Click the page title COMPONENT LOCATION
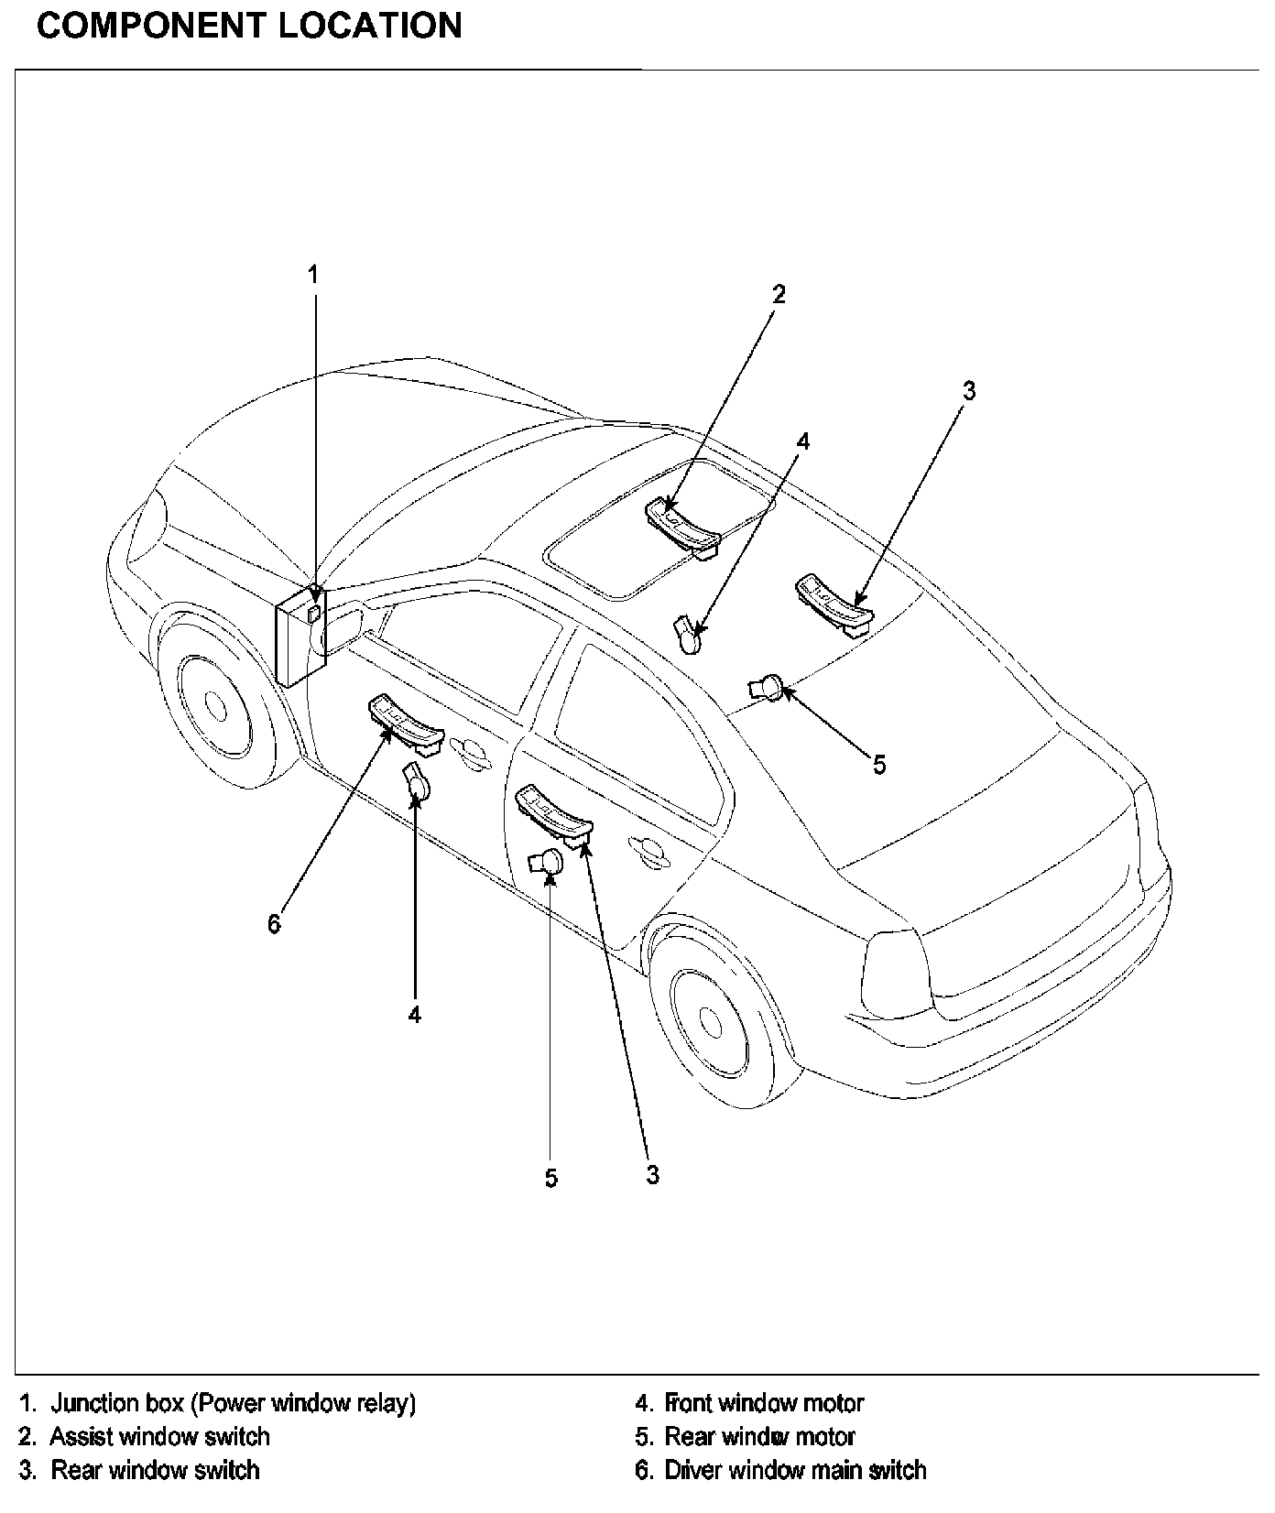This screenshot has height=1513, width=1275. click(x=249, y=26)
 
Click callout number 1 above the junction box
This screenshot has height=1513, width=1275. click(x=313, y=274)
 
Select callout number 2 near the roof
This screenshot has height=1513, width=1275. click(x=779, y=294)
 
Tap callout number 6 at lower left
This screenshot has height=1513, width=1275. click(x=275, y=924)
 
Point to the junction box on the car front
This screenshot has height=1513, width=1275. click(x=300, y=634)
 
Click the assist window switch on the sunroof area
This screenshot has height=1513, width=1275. click(x=682, y=527)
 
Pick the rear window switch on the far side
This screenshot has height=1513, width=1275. click(x=834, y=603)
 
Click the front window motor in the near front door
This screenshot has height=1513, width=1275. click(x=418, y=783)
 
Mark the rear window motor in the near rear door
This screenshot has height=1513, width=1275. click(x=547, y=862)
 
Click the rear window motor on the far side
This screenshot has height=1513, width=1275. click(x=766, y=686)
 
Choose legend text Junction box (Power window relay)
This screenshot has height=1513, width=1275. click(x=233, y=1403)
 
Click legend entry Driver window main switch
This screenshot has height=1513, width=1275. click(x=795, y=1471)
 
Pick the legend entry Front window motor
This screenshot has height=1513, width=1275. click(x=764, y=1403)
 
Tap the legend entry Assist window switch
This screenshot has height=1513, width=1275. click(x=159, y=1437)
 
